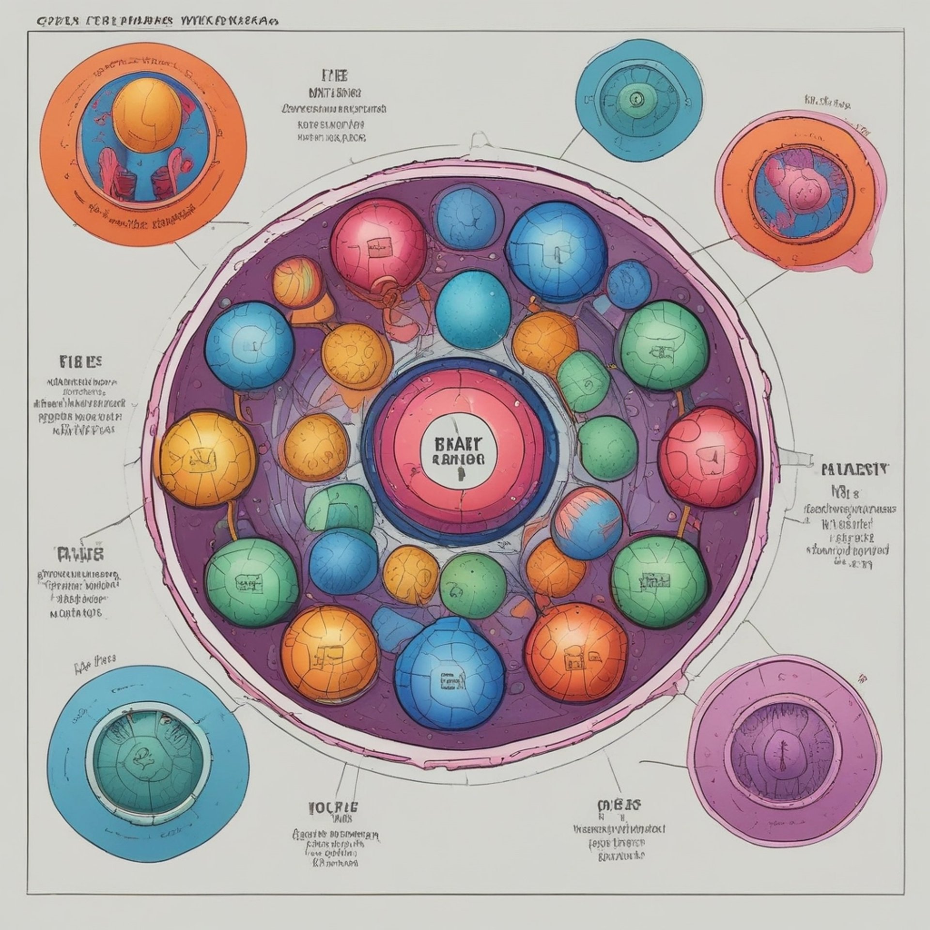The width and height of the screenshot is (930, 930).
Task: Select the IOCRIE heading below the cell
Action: [333, 807]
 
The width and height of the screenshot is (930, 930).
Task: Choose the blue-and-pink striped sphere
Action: [587, 523]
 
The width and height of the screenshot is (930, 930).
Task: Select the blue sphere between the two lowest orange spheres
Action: [443, 676]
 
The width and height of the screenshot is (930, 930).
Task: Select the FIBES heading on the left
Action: [81, 361]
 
